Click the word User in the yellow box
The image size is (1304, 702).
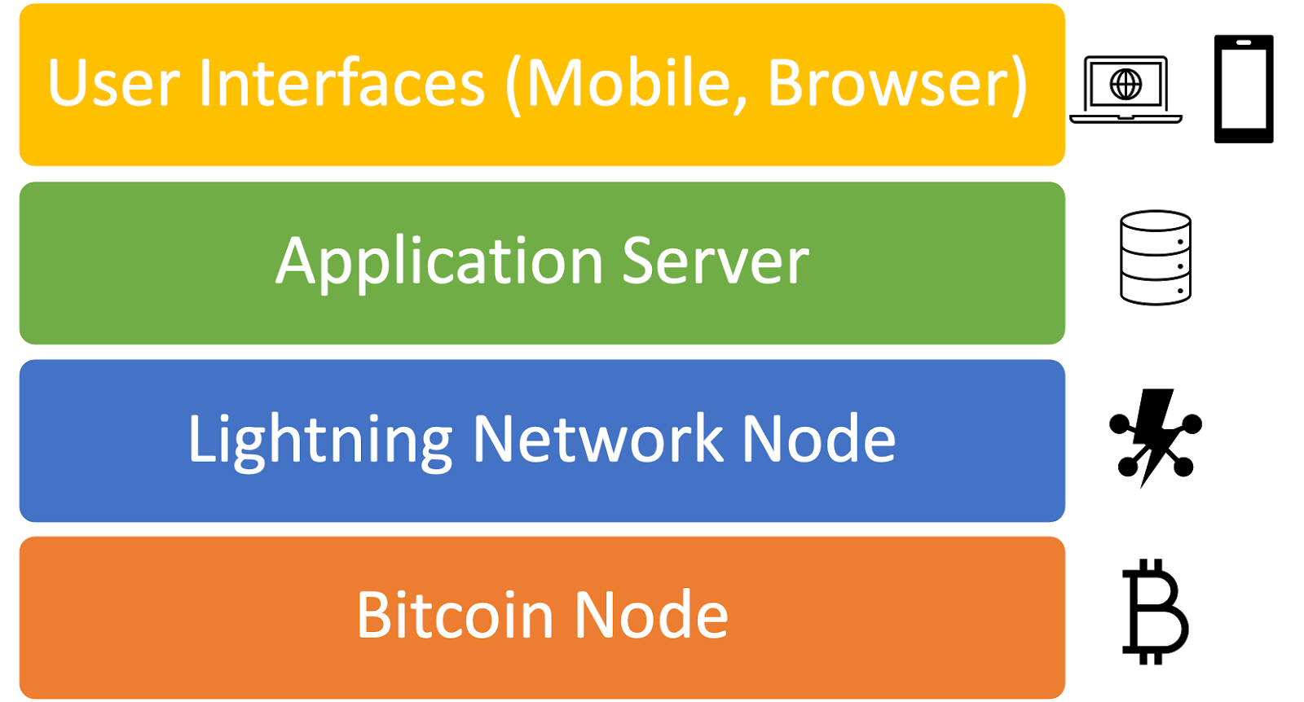click(113, 83)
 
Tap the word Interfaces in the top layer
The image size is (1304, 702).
click(341, 83)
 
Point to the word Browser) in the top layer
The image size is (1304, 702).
click(897, 85)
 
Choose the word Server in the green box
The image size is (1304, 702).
click(716, 261)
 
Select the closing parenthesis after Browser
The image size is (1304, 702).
click(1020, 86)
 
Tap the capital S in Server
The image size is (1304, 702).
click(641, 261)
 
